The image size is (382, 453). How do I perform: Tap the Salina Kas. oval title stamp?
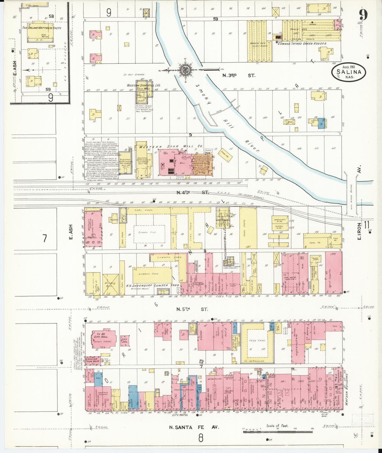point(349,71)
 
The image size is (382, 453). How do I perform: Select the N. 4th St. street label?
point(192,193)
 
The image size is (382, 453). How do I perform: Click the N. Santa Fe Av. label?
point(194,434)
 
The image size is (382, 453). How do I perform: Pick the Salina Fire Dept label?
point(94,361)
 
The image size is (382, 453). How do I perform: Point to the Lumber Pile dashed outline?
point(149,233)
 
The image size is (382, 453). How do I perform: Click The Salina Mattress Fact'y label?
point(42,28)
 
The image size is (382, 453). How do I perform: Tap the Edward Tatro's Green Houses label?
point(302,44)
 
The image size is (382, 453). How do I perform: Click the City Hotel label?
point(180,422)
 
